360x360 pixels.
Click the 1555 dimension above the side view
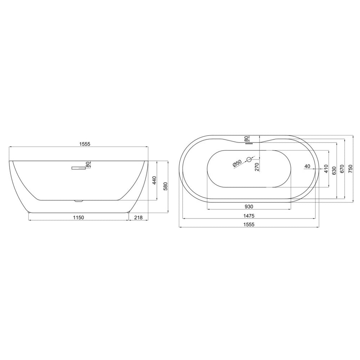[85, 144]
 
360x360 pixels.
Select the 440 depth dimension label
[154, 180]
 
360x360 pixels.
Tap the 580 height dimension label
[166, 186]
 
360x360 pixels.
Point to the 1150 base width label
[78, 217]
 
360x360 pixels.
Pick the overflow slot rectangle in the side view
[78, 168]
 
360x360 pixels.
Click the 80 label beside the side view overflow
[87, 165]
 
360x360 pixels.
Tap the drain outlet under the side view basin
[78, 201]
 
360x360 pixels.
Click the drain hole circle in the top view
[249, 159]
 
